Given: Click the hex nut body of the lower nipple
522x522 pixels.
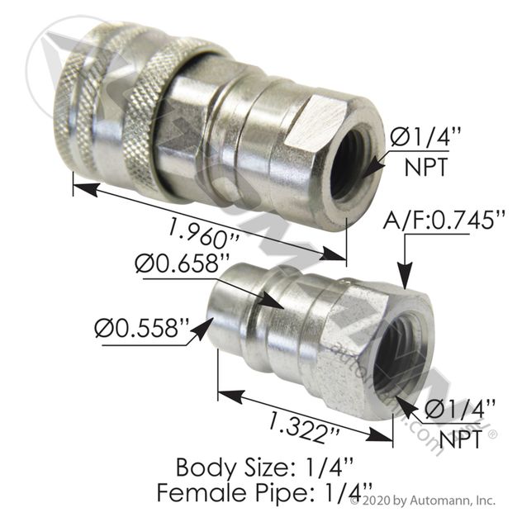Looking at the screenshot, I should pos(355,347).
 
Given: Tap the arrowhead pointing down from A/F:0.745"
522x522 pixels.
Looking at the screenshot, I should pos(406,280).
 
